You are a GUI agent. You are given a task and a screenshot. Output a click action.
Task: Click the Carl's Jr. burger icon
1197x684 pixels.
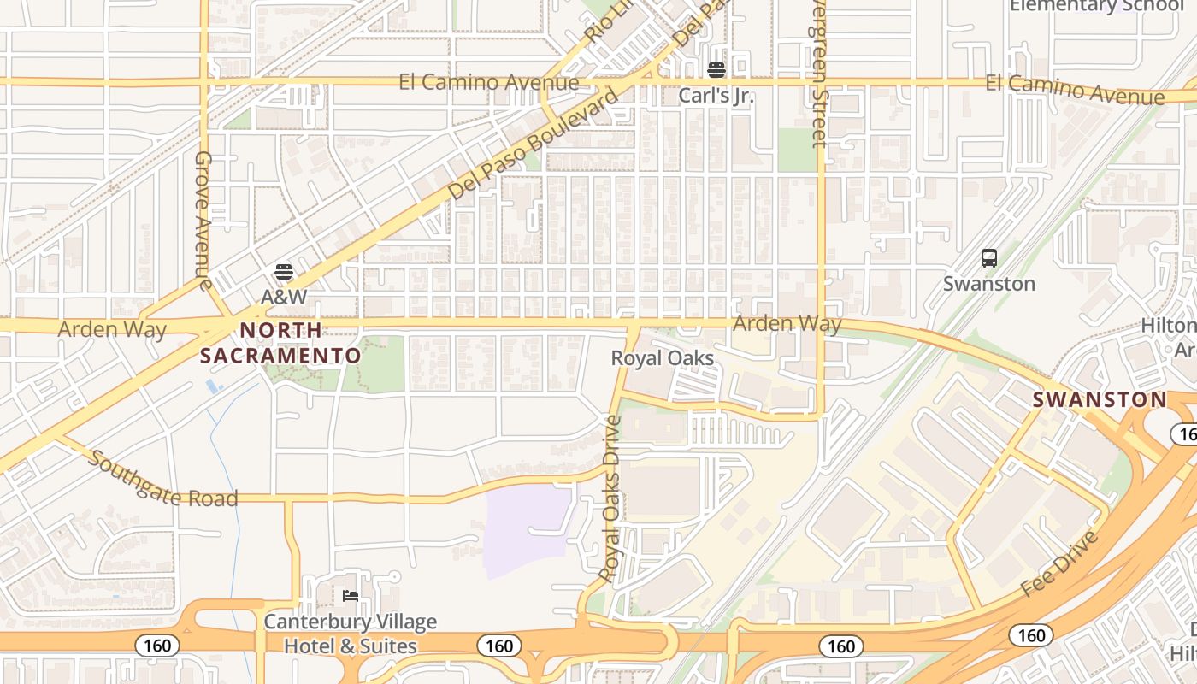point(716,69)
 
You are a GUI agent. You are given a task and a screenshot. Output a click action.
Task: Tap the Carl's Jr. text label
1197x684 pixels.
point(716,95)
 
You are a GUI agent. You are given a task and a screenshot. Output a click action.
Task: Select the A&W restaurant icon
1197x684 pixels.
point(284,273)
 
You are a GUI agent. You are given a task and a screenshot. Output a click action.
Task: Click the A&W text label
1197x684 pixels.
point(284,298)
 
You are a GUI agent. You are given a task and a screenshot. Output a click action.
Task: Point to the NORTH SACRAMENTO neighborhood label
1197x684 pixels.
point(280,343)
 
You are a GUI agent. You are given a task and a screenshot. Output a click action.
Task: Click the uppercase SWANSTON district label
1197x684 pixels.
point(1100,399)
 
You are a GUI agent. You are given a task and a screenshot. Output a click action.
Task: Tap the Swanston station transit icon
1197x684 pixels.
point(989,257)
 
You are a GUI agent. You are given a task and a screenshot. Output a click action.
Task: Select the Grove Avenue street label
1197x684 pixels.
point(203,220)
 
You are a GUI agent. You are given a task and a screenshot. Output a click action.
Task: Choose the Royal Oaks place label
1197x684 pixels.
point(662,358)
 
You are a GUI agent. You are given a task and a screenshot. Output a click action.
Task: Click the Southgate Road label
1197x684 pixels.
point(163,479)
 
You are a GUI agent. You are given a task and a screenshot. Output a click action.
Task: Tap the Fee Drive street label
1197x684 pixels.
point(1058,564)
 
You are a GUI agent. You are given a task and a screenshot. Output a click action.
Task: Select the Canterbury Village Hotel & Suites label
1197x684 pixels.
point(350,634)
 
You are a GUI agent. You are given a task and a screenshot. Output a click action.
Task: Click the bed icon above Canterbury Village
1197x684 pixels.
point(350,595)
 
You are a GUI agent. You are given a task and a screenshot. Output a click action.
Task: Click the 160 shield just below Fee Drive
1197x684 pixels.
point(1030,635)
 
